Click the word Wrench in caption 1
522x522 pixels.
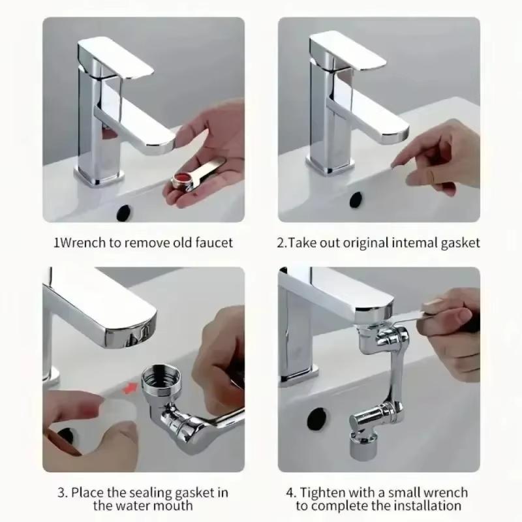(82, 243)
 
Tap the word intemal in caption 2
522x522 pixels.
(415, 243)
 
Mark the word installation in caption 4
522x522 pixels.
(419, 506)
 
